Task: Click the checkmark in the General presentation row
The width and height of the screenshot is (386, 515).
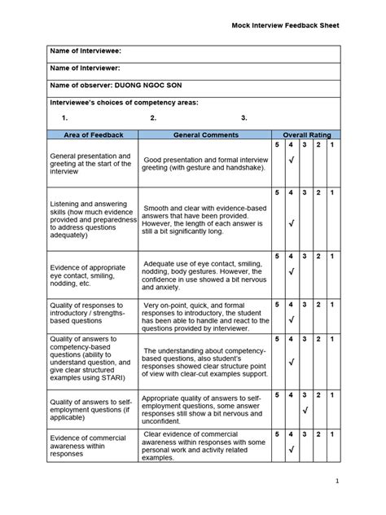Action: pyautogui.click(x=292, y=161)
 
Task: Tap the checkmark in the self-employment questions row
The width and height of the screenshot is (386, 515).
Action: pyautogui.click(x=305, y=412)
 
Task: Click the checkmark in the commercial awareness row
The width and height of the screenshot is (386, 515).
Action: pyautogui.click(x=292, y=449)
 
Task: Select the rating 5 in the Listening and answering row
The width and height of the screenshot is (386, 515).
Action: pyautogui.click(x=277, y=192)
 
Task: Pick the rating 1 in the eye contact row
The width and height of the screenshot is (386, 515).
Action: pyautogui.click(x=332, y=256)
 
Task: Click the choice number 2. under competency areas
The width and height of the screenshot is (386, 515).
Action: pyautogui.click(x=153, y=118)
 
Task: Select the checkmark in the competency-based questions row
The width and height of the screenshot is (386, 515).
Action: pyautogui.click(x=292, y=361)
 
